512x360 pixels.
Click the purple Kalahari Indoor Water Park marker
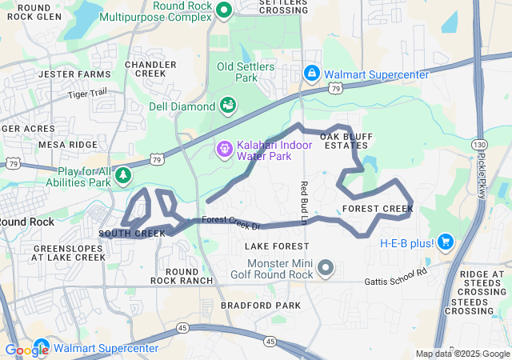click(224, 148)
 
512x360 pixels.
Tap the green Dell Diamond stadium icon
click(227, 106)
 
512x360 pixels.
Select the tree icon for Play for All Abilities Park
click(122, 174)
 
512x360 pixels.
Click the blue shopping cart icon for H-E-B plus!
click(446, 242)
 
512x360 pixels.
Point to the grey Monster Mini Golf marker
click(325, 266)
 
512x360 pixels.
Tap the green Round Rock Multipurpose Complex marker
click(224, 10)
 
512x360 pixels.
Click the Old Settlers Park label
click(246, 72)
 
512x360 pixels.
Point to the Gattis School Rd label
click(395, 281)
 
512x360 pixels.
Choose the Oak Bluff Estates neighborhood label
click(346, 141)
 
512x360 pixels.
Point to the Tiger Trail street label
click(87, 94)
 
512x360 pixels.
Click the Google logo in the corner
click(26, 350)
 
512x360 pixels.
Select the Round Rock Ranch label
click(182, 276)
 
